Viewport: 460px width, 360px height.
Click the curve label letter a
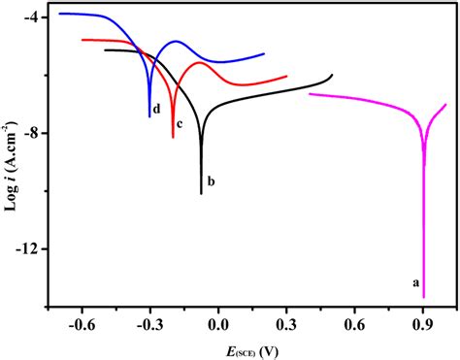point(415,283)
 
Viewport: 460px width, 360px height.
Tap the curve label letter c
point(180,148)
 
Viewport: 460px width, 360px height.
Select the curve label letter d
point(155,121)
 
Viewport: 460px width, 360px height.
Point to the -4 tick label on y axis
point(29,18)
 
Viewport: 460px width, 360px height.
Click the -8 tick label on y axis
point(29,133)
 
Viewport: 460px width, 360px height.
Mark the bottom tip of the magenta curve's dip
point(424,297)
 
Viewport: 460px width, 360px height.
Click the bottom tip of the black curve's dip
point(201,193)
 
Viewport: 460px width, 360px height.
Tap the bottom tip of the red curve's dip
point(173,138)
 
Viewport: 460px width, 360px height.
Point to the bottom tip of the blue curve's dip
point(149,116)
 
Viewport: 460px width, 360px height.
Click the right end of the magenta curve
point(446,104)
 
